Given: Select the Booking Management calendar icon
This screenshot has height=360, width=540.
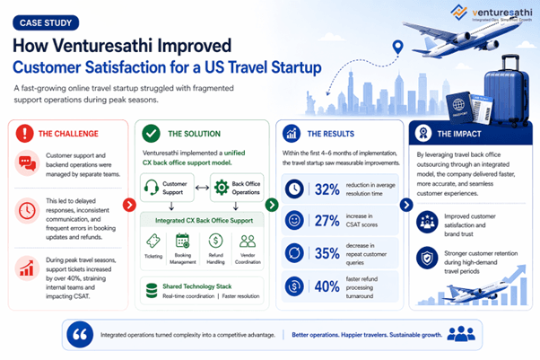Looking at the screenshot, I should click(x=183, y=241).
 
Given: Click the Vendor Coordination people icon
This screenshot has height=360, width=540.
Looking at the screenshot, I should click(x=248, y=241).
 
